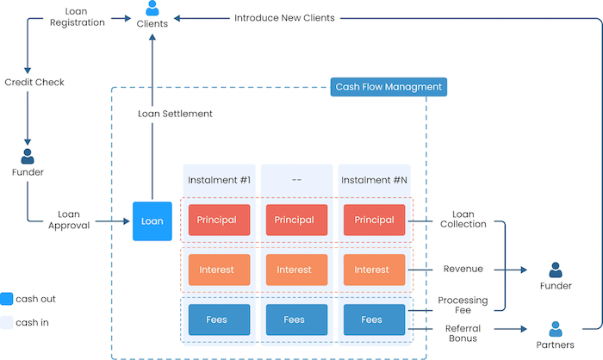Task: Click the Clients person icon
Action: (152, 9)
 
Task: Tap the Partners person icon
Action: (556, 328)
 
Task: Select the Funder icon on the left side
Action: (28, 156)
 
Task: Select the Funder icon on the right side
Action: (556, 270)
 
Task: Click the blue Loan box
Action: (152, 221)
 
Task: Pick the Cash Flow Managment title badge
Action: (389, 87)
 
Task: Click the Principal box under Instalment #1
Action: (218, 220)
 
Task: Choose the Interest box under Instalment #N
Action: (371, 270)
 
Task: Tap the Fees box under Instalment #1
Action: (218, 320)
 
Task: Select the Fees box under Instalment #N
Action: (371, 320)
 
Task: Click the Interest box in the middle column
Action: (295, 270)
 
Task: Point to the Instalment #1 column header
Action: (218, 180)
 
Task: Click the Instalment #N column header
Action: (371, 180)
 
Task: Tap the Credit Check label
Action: (34, 83)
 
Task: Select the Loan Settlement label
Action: (175, 114)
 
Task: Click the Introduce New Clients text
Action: (284, 17)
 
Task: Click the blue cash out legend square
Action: (7, 299)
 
